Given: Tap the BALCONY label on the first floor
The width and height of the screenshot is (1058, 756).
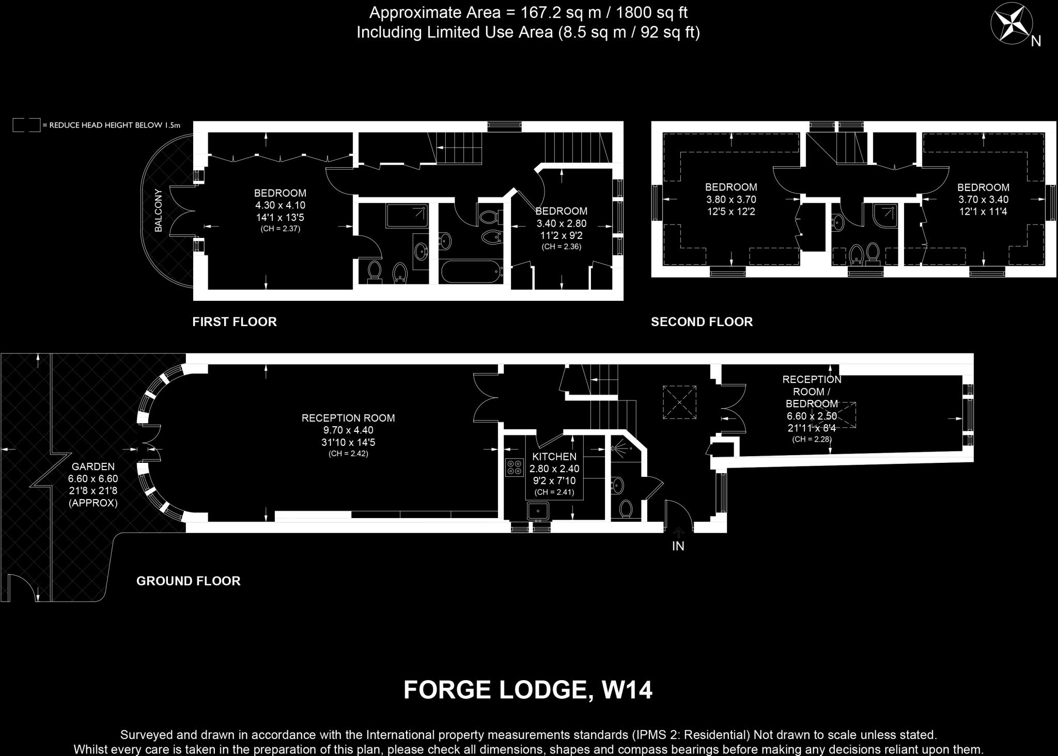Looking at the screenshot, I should pyautogui.click(x=159, y=210).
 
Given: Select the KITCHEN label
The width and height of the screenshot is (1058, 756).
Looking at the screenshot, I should pyautogui.click(x=554, y=457).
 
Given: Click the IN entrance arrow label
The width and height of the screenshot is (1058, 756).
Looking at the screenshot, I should pyautogui.click(x=678, y=545).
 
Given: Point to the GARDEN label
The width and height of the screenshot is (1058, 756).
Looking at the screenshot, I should pyautogui.click(x=93, y=467).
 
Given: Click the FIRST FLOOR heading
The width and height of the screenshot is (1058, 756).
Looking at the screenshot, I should pyautogui.click(x=235, y=322).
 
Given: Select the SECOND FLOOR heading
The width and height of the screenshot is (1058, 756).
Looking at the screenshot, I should pyautogui.click(x=702, y=322).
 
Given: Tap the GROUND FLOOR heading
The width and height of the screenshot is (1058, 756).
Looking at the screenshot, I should pyautogui.click(x=189, y=581).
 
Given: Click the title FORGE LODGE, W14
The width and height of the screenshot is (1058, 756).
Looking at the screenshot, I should pyautogui.click(x=527, y=690).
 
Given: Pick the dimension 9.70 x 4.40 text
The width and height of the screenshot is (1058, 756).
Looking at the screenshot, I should pyautogui.click(x=348, y=430).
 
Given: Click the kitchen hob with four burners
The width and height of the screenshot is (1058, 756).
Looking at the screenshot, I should pyautogui.click(x=514, y=468).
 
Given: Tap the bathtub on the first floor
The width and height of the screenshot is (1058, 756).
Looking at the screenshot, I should pyautogui.click(x=471, y=271).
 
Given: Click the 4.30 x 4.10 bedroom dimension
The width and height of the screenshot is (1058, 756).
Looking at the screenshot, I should pyautogui.click(x=280, y=205).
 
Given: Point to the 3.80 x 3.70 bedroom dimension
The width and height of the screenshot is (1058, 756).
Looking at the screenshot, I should pyautogui.click(x=731, y=200).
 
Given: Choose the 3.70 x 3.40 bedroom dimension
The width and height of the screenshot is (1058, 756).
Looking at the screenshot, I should pyautogui.click(x=983, y=200).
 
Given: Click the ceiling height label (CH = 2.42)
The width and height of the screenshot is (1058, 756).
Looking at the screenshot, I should pyautogui.click(x=348, y=454).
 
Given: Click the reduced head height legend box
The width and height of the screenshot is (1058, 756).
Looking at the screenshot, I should pyautogui.click(x=26, y=125).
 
